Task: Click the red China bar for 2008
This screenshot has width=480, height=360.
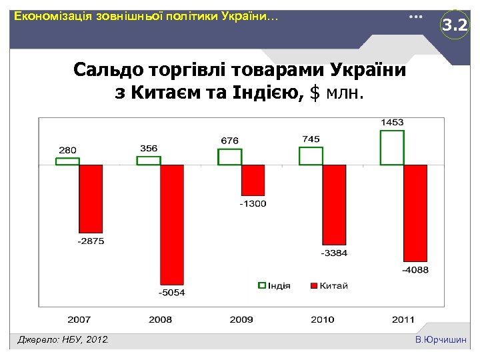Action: (x=172, y=224)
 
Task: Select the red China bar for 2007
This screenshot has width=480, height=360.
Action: (x=91, y=197)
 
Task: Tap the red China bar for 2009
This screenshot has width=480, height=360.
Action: (x=253, y=180)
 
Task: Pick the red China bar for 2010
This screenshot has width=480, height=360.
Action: (x=335, y=205)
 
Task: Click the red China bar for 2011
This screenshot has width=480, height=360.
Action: (x=415, y=213)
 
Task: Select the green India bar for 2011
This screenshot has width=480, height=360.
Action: (x=392, y=147)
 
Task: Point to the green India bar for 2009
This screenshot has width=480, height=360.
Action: (x=229, y=157)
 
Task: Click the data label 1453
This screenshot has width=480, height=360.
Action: (x=392, y=123)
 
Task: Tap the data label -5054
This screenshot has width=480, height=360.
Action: (x=172, y=293)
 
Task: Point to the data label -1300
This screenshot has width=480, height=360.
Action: (x=253, y=203)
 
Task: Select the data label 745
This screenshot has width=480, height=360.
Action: (x=311, y=139)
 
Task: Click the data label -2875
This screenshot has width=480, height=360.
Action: (x=91, y=241)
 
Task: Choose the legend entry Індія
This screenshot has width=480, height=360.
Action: (x=275, y=286)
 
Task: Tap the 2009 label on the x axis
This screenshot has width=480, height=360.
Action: (x=241, y=319)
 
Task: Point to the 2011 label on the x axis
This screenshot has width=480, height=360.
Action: (x=403, y=319)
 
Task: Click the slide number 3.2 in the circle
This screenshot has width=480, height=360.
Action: (x=455, y=26)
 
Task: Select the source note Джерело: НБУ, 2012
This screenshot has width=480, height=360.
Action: (x=63, y=341)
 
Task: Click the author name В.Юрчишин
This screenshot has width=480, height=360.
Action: (x=441, y=341)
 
